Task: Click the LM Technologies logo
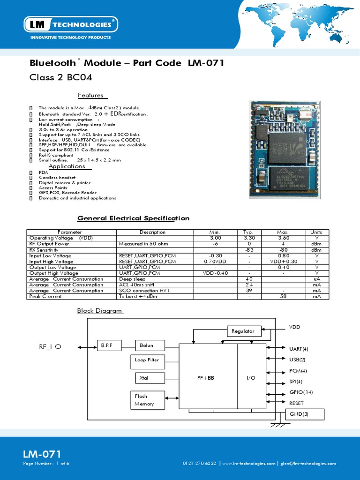point(70,24)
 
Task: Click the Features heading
point(91,95)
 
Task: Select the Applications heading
point(67,166)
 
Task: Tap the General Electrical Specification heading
point(133,218)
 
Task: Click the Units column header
point(316,232)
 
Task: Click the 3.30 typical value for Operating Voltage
point(247,238)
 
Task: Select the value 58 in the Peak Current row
point(283,296)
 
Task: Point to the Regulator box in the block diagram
point(243,331)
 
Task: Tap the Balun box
point(150,346)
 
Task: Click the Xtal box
point(147,377)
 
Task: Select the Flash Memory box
point(147,400)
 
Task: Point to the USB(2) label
point(297,360)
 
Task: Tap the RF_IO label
point(50,347)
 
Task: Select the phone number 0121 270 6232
point(199,464)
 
